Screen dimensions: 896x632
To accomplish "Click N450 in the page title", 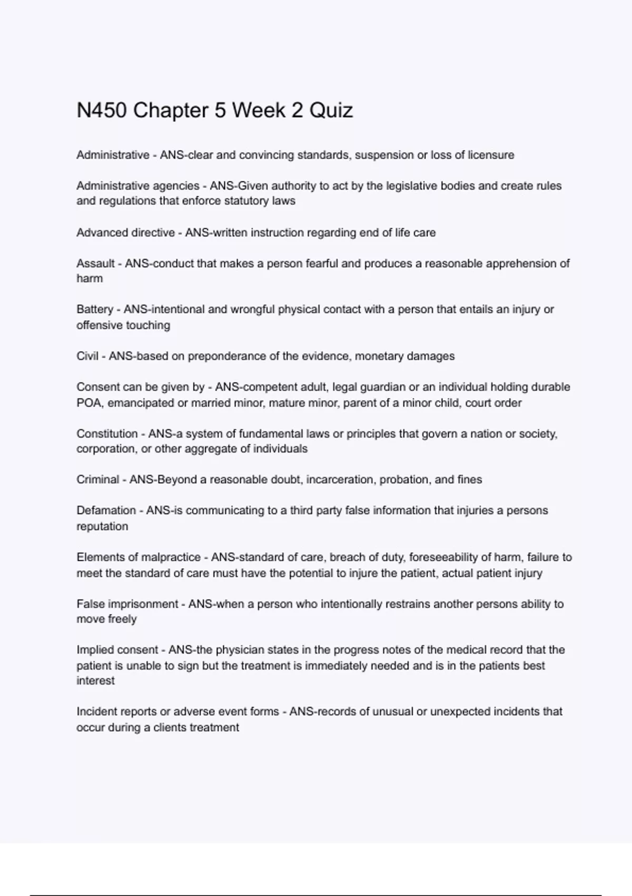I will pyautogui.click(x=102, y=111).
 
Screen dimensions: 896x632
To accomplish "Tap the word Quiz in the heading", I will pyautogui.click(x=331, y=111).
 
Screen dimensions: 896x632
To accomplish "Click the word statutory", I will pyautogui.click(x=248, y=201).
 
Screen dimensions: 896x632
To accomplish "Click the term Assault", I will pyautogui.click(x=95, y=263).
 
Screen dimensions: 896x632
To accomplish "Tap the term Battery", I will pyautogui.click(x=95, y=309).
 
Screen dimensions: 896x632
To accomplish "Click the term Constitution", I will pyautogui.click(x=107, y=434).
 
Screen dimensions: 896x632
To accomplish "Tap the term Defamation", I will pyautogui.click(x=106, y=510).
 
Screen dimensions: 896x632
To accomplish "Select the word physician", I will pyautogui.click(x=240, y=650).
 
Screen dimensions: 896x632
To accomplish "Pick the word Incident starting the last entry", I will pyautogui.click(x=97, y=712).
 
